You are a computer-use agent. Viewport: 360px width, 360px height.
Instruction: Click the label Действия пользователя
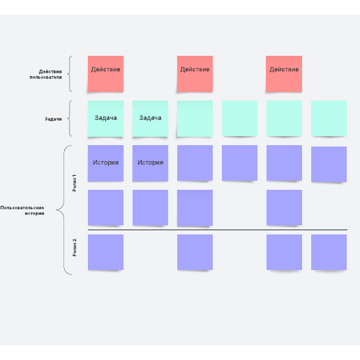(45, 74)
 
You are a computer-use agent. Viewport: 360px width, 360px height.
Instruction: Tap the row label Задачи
(53, 119)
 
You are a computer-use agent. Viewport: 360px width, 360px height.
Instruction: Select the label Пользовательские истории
(22, 210)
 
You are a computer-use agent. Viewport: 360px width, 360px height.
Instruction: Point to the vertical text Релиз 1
(75, 183)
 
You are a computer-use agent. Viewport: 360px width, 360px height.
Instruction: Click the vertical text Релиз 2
(75, 248)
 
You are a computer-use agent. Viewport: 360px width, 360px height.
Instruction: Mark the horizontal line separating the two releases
(218, 230)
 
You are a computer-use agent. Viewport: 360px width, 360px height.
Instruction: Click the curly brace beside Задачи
(70, 119)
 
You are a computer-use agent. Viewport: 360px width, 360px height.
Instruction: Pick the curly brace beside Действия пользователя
(70, 74)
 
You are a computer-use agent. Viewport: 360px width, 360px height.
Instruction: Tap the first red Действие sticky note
(105, 74)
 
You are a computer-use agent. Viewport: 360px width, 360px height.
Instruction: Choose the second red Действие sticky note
(195, 74)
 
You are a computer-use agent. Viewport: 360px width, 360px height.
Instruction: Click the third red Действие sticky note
(284, 74)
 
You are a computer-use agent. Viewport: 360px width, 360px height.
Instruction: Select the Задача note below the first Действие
(105, 119)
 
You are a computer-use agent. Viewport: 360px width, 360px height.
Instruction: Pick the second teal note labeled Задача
(150, 119)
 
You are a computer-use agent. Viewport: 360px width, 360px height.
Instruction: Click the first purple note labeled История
(105, 163)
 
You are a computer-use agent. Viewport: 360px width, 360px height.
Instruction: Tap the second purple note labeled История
(150, 163)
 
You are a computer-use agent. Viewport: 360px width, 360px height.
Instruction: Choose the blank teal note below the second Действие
(195, 119)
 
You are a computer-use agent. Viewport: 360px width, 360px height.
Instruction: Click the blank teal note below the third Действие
(284, 119)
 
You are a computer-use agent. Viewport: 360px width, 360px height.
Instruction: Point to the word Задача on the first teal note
(105, 118)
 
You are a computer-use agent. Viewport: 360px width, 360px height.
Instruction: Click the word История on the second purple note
(150, 163)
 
